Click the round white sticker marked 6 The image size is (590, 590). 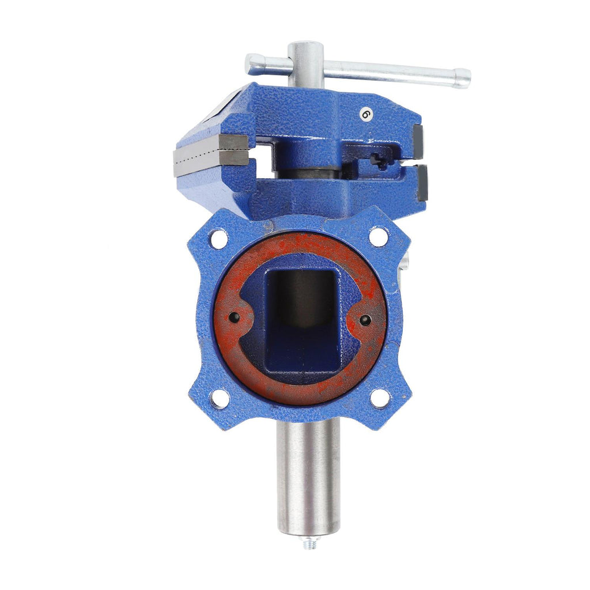coord(365,114)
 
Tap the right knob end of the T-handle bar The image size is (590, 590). coord(463,78)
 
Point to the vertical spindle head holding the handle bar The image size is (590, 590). coord(305,65)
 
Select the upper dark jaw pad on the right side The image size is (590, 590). coord(419,141)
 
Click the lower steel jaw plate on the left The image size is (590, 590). coord(211,162)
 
